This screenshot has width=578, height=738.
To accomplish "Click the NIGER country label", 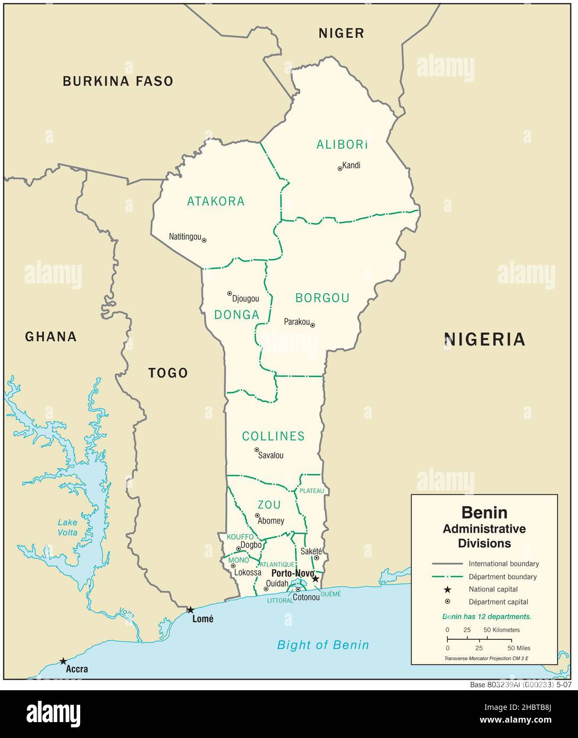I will click(x=341, y=33).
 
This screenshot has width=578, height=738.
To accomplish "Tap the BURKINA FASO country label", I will click(x=118, y=81).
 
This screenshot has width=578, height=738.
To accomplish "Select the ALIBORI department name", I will click(x=342, y=144).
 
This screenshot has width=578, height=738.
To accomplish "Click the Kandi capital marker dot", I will click(x=340, y=169).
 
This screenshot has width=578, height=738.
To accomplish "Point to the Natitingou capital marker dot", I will click(x=204, y=240).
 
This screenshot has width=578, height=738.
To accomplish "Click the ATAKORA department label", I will click(x=216, y=201).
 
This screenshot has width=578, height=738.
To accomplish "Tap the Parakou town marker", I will click(x=312, y=325).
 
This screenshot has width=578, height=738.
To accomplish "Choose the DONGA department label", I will click(x=236, y=315).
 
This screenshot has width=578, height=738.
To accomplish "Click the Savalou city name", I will click(x=270, y=455).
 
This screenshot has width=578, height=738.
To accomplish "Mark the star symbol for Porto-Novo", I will click(x=316, y=579).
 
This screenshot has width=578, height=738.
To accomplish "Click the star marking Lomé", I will click(x=190, y=610).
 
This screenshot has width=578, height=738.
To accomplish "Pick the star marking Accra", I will click(x=63, y=661).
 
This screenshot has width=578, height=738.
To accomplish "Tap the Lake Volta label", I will click(x=67, y=527).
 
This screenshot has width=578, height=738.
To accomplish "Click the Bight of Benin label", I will click(x=323, y=645).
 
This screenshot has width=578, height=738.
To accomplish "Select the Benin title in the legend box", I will click(x=484, y=512).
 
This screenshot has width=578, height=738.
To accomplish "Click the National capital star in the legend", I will click(x=447, y=589).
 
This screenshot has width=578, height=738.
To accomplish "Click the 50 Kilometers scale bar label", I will click(x=501, y=630).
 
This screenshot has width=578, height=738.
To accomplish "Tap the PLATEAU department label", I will click(x=311, y=491).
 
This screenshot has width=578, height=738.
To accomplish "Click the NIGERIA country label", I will click(x=484, y=339).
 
